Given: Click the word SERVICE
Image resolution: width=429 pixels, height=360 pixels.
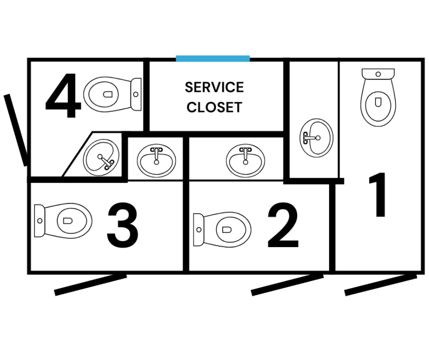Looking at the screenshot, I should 214,87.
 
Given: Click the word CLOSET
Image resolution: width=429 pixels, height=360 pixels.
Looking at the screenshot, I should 214,107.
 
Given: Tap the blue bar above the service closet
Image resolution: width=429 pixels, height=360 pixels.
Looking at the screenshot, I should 213,58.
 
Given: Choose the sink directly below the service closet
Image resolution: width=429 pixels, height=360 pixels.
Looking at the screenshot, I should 246,160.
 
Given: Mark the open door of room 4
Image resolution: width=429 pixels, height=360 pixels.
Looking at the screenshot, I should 16,130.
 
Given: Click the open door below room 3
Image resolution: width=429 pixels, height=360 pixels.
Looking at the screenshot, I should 90,285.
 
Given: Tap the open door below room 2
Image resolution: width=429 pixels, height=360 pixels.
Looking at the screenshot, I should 287,285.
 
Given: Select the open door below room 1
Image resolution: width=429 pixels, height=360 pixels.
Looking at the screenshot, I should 381,284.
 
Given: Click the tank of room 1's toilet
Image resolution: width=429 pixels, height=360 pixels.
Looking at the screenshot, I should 378,73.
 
